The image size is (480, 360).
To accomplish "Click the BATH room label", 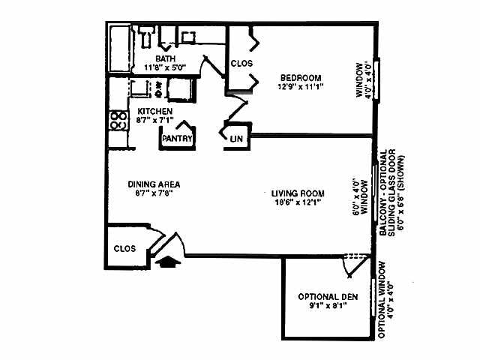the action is [x=165, y=58].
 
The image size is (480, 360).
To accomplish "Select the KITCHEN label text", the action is [x=155, y=111].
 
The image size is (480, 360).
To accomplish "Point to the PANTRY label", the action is [x=178, y=138].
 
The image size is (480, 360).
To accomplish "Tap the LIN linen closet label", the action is [x=236, y=139].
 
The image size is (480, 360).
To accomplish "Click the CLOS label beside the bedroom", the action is [x=241, y=64].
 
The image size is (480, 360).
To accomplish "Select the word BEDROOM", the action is [x=301, y=77].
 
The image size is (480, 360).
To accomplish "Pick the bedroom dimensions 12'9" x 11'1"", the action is [x=301, y=87].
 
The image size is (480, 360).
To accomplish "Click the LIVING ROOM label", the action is [x=297, y=192].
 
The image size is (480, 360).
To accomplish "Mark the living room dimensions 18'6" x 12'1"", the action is [x=297, y=201].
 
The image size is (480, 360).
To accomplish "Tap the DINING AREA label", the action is [x=154, y=184].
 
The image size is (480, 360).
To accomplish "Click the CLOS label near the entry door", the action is [x=124, y=248].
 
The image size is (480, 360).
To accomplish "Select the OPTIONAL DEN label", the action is [x=327, y=295].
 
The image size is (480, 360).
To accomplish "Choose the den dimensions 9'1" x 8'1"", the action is [x=327, y=305].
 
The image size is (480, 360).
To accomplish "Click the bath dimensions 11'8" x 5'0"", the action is [x=165, y=67].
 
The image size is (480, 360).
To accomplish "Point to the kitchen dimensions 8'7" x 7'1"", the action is [x=155, y=120].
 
